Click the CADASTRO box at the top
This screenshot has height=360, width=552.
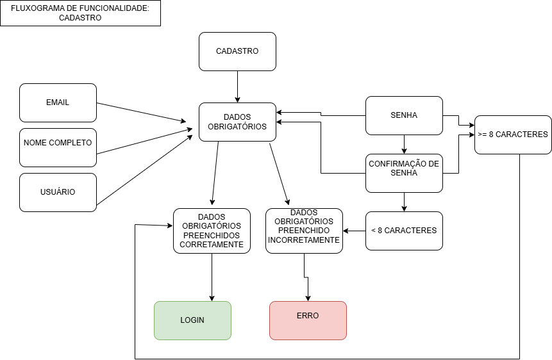coord(237,51)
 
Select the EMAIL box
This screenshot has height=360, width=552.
coord(58,102)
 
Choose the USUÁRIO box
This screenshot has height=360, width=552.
coord(58,192)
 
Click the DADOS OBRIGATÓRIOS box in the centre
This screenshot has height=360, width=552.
coord(237,122)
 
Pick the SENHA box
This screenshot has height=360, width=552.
coord(404,115)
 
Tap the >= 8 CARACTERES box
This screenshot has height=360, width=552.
coord(513,135)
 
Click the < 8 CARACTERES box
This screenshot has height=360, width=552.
coord(404,231)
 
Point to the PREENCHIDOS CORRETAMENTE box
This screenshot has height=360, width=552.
coord(212,231)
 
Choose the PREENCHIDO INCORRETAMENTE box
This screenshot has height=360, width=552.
coord(304,231)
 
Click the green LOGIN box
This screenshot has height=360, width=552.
coord(192,320)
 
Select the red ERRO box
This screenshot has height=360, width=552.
coord(308,320)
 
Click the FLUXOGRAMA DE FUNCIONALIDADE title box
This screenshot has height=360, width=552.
coord(80,13)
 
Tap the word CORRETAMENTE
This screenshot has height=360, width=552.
coord(212,245)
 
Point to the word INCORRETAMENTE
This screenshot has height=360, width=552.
coord(304,240)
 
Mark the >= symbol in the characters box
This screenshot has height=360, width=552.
coord(482,135)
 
